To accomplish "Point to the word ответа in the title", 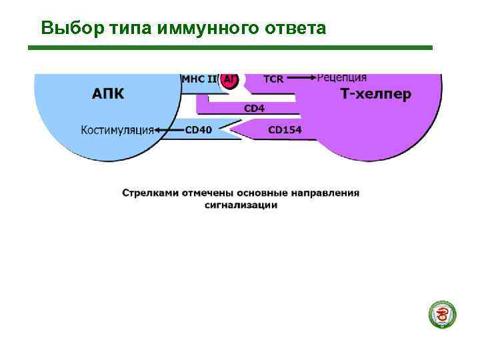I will (x=295, y=29).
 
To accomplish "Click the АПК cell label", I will (x=108, y=94).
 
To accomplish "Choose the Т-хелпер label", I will (x=376, y=94).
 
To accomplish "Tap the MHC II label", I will (x=199, y=79).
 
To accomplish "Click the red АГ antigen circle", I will (x=230, y=79).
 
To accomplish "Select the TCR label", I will (x=273, y=79).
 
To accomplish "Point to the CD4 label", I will (x=254, y=108).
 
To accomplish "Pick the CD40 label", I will (x=198, y=130).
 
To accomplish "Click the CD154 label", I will (x=285, y=130).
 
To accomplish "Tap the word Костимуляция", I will (x=117, y=130).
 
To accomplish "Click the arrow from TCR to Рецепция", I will (x=302, y=78).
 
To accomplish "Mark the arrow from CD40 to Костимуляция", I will (x=169, y=130).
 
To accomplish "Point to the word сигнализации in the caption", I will (x=241, y=205).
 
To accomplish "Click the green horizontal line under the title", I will (x=230, y=47).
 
